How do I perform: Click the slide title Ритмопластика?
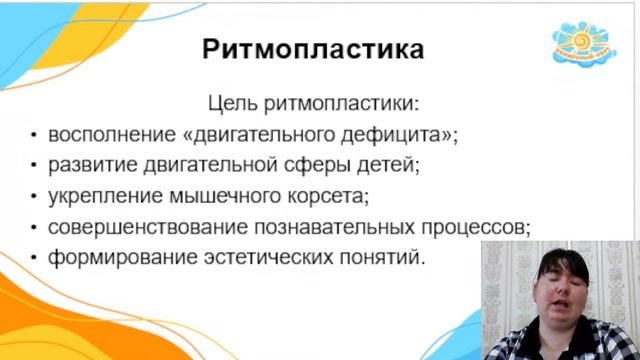click(313, 49)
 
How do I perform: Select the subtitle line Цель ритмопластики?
click(313, 102)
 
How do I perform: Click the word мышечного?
click(218, 195)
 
